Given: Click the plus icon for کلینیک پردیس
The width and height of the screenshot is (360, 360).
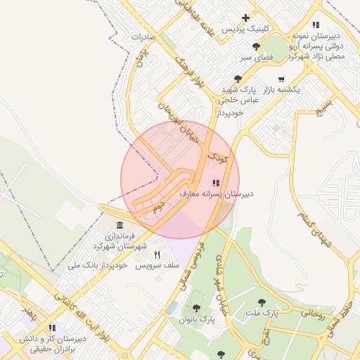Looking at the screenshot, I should [245, 18].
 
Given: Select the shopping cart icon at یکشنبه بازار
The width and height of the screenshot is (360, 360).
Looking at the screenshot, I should [281, 79].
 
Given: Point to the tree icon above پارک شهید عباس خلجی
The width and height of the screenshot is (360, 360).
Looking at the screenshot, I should [237, 79].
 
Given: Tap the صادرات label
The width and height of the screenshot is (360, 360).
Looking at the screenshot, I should [142, 35].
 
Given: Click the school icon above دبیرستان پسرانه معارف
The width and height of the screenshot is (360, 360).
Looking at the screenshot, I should [215, 182].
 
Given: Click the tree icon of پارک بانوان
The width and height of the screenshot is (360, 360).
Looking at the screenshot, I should [196, 308].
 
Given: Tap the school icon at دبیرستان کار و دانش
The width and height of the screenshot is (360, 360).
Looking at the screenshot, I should [51, 328].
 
